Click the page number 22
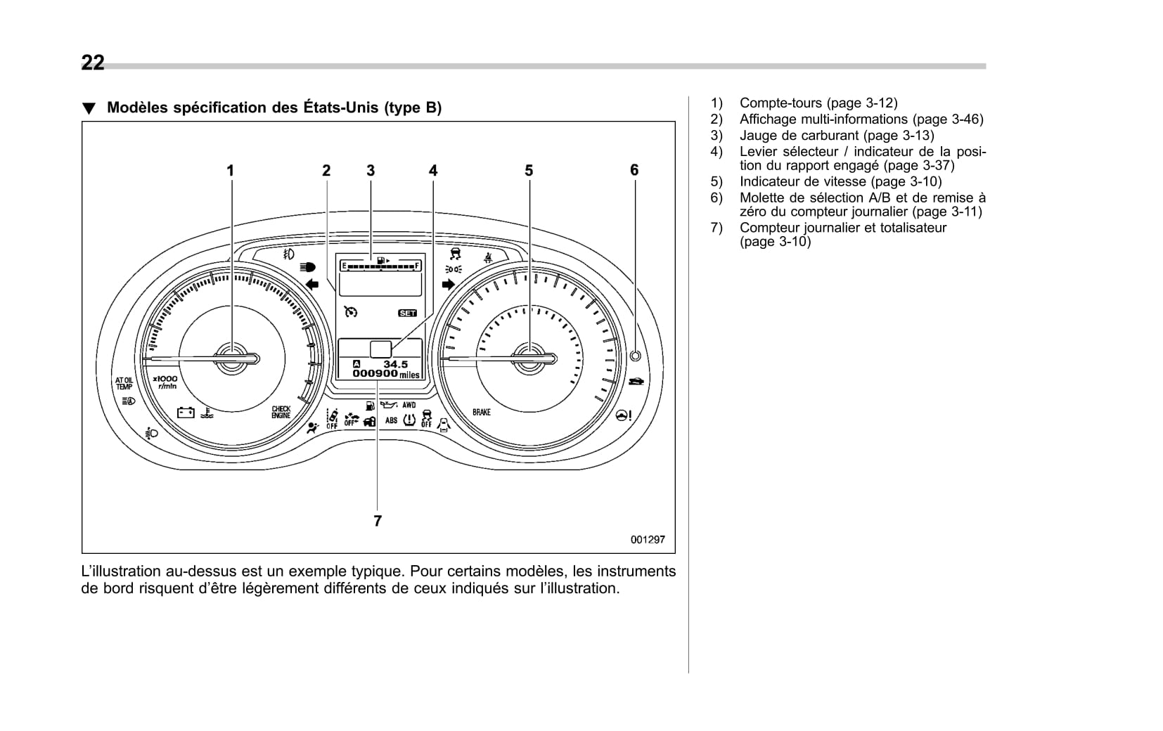point(93,63)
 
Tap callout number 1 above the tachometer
point(230,170)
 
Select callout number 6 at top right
point(634,170)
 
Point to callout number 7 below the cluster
point(378,521)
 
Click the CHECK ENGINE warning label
point(281,413)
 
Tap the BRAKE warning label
point(482,412)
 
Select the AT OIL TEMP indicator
point(124,383)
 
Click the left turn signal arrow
point(312,284)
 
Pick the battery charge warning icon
point(186,412)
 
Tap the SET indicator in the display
point(407,313)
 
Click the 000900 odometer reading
point(375,374)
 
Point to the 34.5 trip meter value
point(394,364)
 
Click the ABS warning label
point(391,420)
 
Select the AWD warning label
point(409,405)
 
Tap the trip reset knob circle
point(635,356)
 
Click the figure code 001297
point(647,540)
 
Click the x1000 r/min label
point(165,382)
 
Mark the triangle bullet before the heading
point(88,109)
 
